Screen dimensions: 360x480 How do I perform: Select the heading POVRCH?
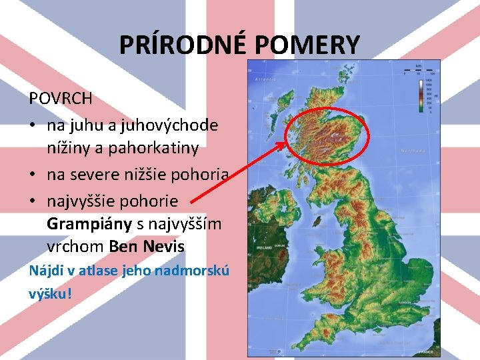(61, 99)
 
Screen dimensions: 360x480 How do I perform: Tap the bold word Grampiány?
(89, 224)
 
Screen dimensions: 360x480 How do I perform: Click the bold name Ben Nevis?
(147, 247)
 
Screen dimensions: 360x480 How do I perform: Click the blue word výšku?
(49, 293)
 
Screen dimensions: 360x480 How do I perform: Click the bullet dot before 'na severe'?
(33, 175)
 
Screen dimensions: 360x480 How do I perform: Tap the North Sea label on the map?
(412, 151)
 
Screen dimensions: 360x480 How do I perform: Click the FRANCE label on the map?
(426, 351)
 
